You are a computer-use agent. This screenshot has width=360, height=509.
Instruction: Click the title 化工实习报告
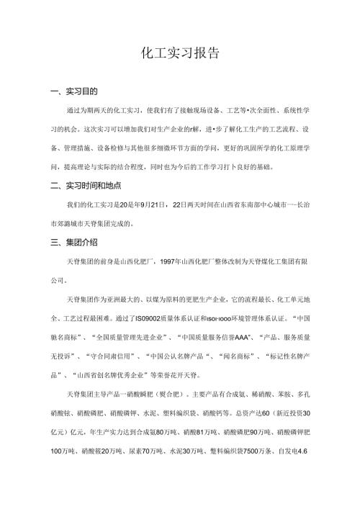(x=180, y=53)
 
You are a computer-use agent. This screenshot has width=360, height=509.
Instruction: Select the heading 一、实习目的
(x=71, y=92)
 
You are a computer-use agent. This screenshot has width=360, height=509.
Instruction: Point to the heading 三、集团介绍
(x=71, y=241)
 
